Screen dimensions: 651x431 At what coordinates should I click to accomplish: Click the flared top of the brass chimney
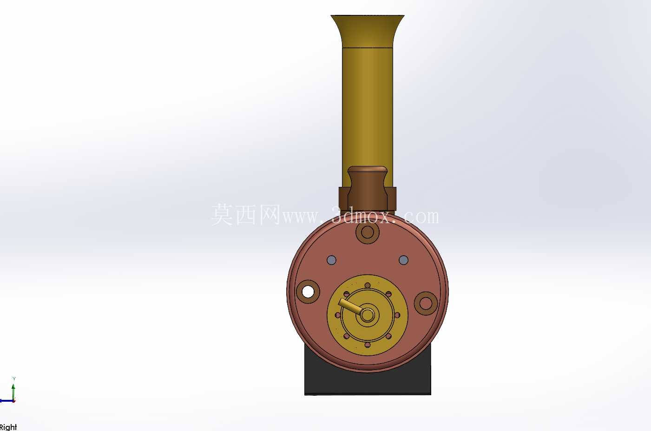click(x=368, y=31)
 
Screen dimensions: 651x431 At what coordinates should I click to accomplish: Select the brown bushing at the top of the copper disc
click(x=368, y=232)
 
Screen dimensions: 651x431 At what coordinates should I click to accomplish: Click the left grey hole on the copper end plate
click(x=332, y=260)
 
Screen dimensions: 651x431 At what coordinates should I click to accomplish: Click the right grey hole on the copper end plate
click(x=403, y=260)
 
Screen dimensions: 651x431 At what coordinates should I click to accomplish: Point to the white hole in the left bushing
click(x=308, y=292)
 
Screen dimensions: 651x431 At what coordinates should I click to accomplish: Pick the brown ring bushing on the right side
click(x=426, y=304)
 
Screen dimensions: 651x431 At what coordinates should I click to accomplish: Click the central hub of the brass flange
click(x=368, y=315)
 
